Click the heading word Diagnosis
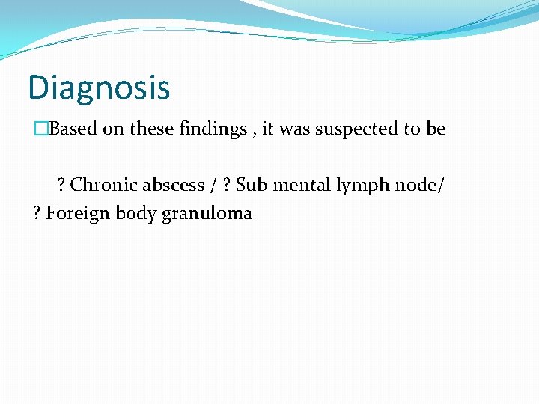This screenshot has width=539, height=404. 99,88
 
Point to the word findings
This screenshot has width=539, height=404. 213,129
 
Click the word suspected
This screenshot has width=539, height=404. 356,129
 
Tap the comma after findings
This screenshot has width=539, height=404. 254,132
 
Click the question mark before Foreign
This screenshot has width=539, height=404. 37,213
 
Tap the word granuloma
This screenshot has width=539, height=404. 207,214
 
